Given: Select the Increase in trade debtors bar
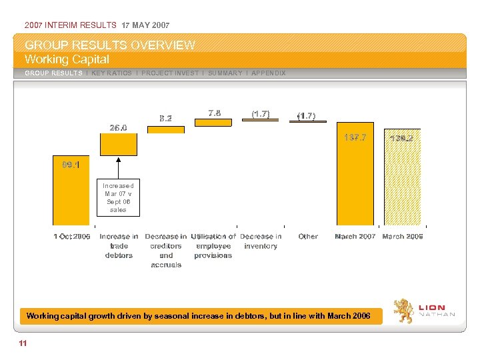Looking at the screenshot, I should [118, 144].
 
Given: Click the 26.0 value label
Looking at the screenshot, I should [119, 127].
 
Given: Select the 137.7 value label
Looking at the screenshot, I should [355, 137].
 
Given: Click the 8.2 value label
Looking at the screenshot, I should [166, 119].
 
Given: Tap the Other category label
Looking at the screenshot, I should [308, 236].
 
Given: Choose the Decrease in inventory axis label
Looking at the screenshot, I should [261, 241].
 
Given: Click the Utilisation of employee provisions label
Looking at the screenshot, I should [213, 245].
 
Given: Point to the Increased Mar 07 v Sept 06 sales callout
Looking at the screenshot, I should [119, 197].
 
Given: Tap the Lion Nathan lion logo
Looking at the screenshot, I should [404, 311].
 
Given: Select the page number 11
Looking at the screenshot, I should [23, 343].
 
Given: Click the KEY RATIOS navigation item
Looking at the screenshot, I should [111, 73].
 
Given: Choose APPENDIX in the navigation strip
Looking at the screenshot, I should [267, 73].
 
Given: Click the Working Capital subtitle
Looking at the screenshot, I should [67, 59].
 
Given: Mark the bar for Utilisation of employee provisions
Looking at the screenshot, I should [213, 123].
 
